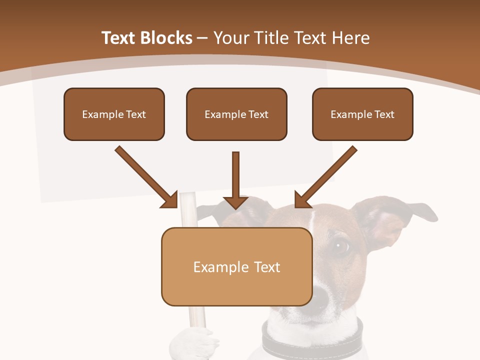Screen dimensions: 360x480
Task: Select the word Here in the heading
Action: pos(351,38)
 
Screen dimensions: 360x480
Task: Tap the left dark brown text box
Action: pos(114,114)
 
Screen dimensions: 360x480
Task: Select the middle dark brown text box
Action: pos(236,114)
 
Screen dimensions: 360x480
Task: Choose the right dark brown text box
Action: pos(362,114)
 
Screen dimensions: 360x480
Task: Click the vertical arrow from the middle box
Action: pos(235,180)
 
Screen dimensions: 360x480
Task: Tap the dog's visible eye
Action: pos(342,245)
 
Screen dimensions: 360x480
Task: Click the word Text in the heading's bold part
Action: pos(120,38)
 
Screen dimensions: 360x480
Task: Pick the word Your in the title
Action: pos(232,38)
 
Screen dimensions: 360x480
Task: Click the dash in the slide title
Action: pos(202,38)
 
